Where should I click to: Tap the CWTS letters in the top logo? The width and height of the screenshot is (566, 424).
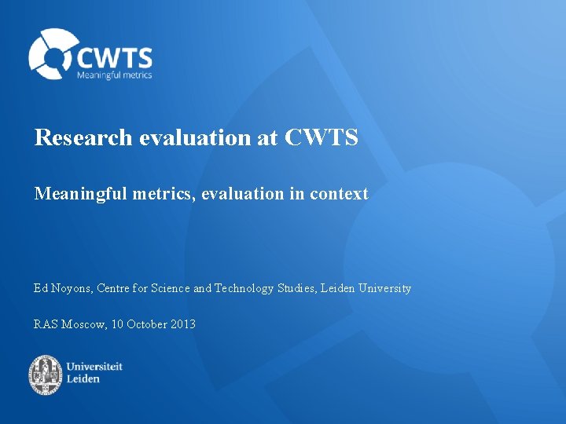click(x=114, y=57)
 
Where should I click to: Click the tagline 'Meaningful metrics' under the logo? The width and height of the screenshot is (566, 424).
click(x=114, y=75)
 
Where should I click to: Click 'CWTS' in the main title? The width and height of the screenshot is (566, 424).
click(x=321, y=138)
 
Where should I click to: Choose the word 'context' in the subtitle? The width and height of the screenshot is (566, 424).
click(x=339, y=194)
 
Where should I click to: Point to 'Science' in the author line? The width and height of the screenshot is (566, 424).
click(x=169, y=288)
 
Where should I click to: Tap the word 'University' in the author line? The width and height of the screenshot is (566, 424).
click(x=384, y=288)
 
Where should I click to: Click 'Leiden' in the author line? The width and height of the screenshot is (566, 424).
click(x=336, y=288)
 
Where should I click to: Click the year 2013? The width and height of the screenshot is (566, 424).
click(x=182, y=324)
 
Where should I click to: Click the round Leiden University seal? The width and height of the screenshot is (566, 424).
click(x=46, y=375)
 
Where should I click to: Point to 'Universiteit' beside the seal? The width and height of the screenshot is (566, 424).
click(x=94, y=367)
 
